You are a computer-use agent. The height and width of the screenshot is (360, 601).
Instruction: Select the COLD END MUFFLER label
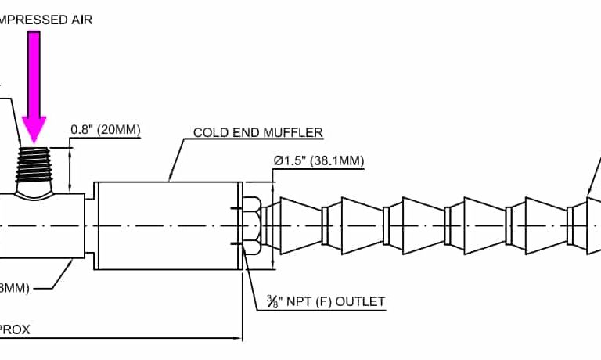pos(258,132)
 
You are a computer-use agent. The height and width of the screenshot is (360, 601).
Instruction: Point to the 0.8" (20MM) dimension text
pos(106,129)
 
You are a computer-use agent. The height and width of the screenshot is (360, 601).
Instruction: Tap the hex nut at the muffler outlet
pos(252,225)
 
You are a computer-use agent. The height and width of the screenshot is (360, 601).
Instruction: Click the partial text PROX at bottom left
pos(15,329)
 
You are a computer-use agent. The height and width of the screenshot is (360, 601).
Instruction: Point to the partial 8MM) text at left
pos(15,288)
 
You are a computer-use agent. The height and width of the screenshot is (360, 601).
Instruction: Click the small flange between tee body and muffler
pos(90,225)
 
